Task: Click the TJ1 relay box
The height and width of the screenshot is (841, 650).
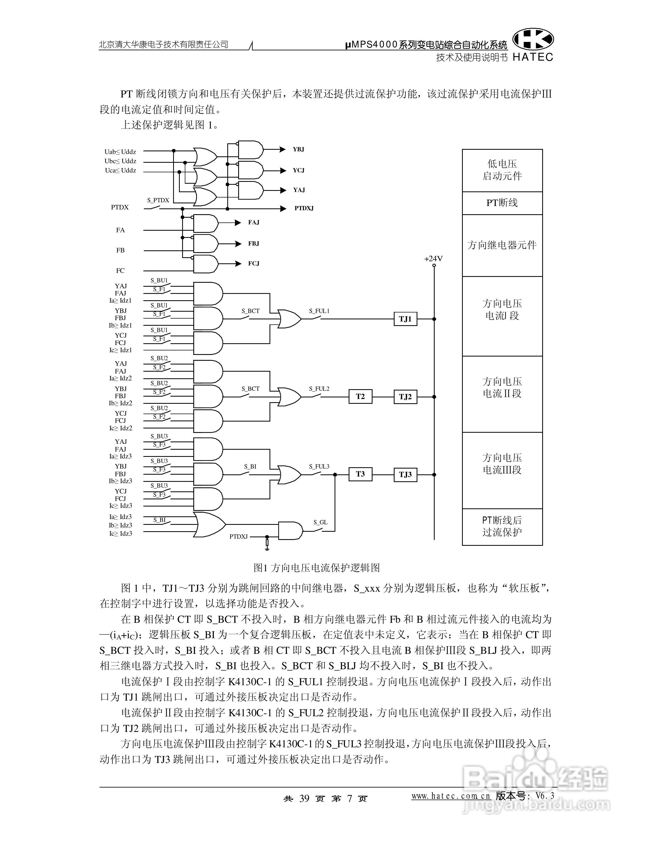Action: [405, 319]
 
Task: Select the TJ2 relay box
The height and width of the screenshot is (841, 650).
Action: [405, 397]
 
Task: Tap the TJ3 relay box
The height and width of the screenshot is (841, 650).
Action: [405, 474]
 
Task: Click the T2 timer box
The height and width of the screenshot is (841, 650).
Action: [360, 397]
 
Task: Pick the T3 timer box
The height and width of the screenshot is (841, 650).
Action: [360, 474]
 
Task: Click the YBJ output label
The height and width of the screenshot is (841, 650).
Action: [298, 149]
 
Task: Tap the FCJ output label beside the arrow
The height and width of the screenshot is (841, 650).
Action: [254, 263]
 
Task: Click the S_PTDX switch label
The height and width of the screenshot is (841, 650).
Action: [158, 200]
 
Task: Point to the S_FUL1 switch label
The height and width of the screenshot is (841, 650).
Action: [319, 311]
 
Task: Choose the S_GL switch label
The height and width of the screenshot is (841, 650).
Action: [320, 522]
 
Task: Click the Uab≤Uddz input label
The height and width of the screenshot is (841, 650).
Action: [120, 152]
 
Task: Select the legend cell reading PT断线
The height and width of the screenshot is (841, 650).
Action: [502, 203]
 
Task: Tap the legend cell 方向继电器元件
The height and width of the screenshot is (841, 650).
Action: [502, 245]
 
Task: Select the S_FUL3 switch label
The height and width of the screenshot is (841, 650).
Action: [319, 466]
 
